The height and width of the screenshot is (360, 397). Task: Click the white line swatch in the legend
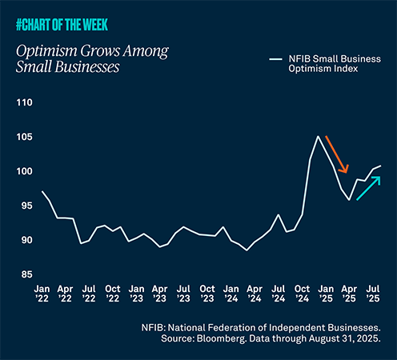pyautogui.click(x=275, y=58)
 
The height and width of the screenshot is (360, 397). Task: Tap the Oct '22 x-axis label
pyautogui.click(x=113, y=292)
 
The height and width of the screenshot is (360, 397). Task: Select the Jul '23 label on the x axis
pyautogui.click(x=183, y=292)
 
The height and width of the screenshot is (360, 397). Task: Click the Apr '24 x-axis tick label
pyautogui.click(x=255, y=292)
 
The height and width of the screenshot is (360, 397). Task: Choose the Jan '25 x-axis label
pyautogui.click(x=325, y=292)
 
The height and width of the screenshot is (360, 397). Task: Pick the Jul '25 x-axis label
pyautogui.click(x=372, y=292)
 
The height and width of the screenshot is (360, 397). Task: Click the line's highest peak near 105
pyautogui.click(x=318, y=136)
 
